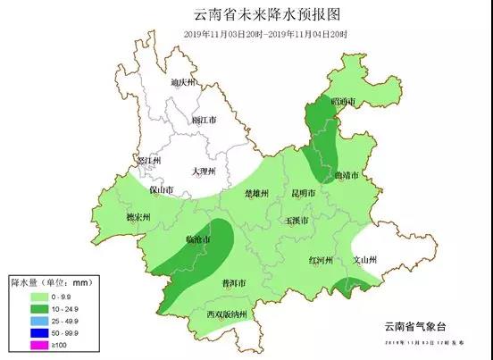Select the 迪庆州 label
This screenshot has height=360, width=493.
point(182,82)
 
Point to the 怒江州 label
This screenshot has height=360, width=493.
point(146,160)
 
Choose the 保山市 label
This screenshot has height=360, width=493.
point(161,190)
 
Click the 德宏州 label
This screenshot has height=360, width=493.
point(138,217)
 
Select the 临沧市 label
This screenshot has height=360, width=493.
point(197,239)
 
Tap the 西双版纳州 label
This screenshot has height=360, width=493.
point(227,314)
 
